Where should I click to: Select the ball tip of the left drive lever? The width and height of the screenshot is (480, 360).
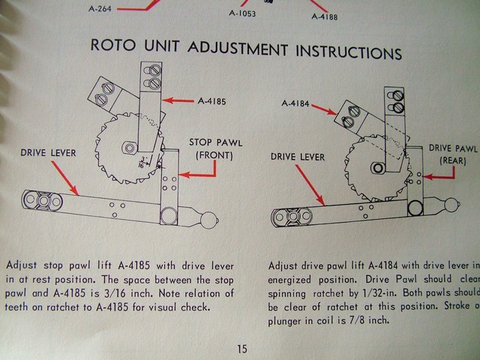pyautogui.click(x=209, y=219)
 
